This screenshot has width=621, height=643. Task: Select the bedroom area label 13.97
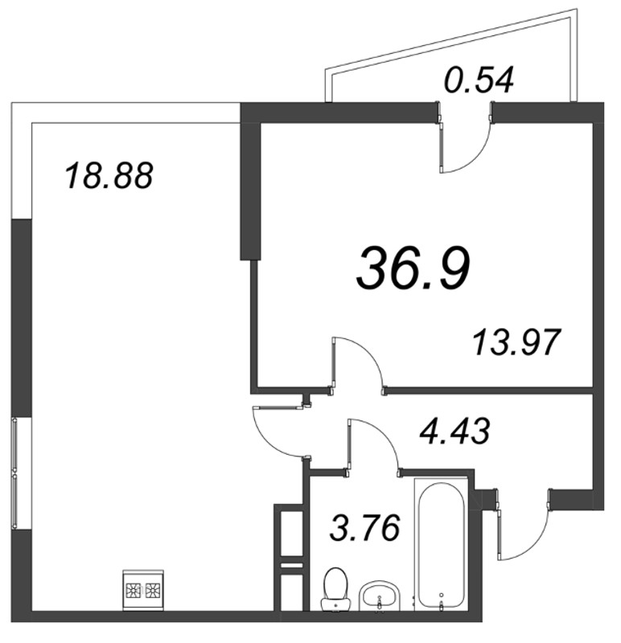pos(515,344)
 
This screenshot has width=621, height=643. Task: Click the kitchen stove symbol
pos(142,589)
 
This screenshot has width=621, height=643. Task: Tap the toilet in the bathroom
pos(333,587)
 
